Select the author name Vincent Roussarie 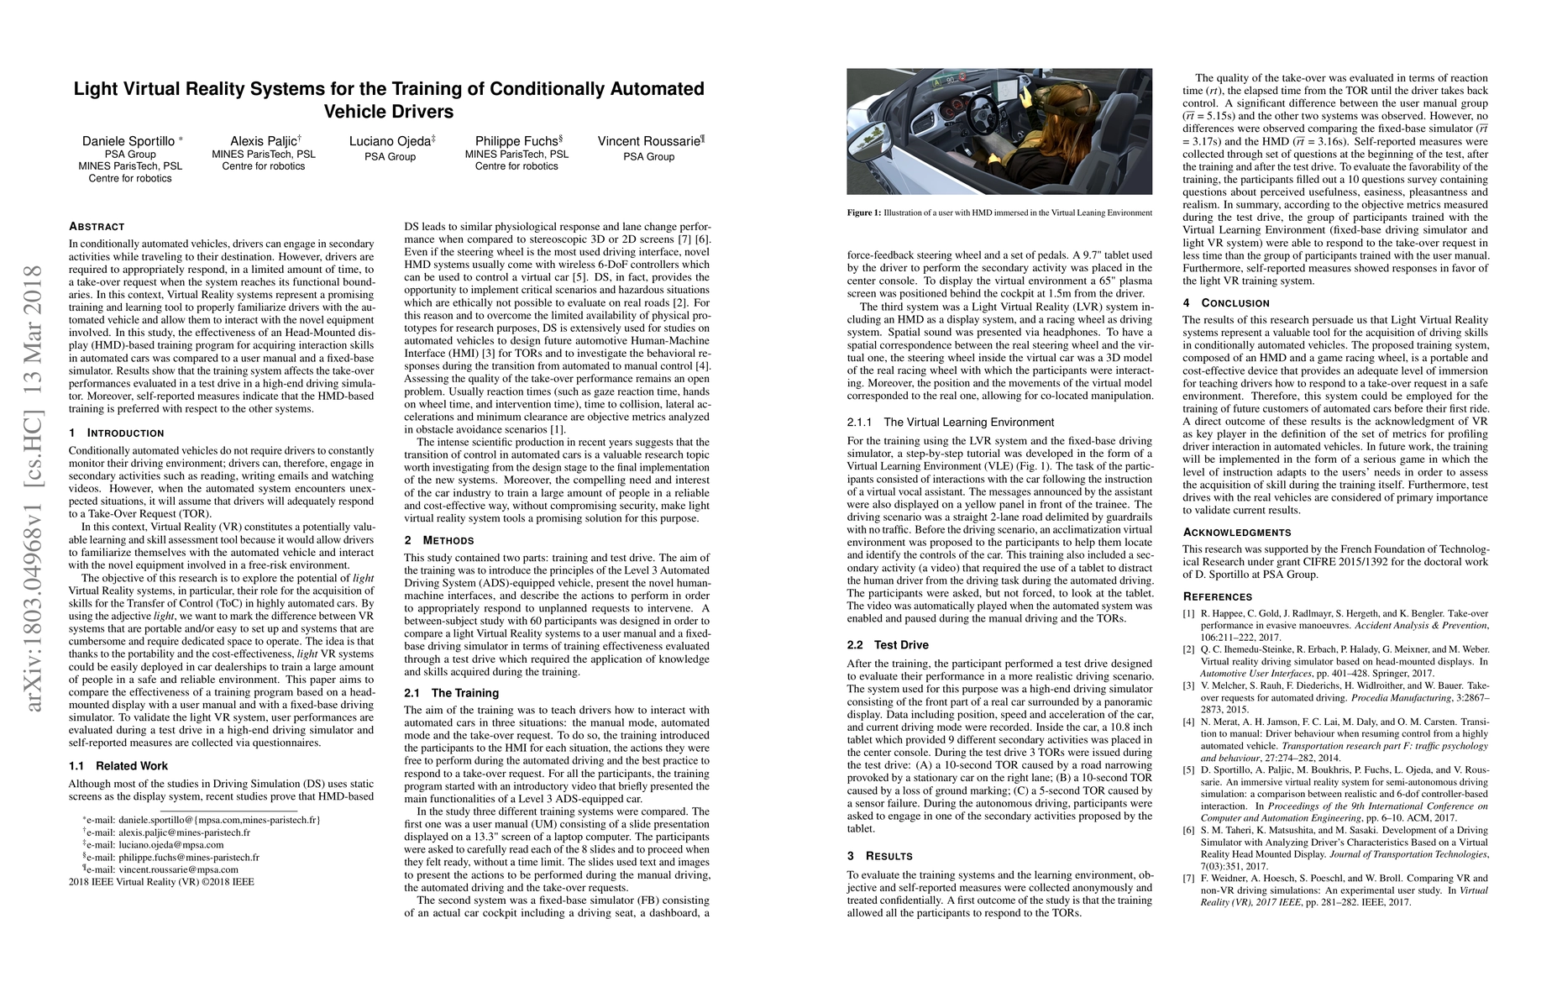648,141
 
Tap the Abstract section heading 97,227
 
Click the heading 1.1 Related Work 118,766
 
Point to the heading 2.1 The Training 451,693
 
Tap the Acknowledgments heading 1237,532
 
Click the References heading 1217,596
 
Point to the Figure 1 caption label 864,213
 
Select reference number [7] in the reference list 1188,879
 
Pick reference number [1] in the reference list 1188,614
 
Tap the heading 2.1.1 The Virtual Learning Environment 950,423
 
